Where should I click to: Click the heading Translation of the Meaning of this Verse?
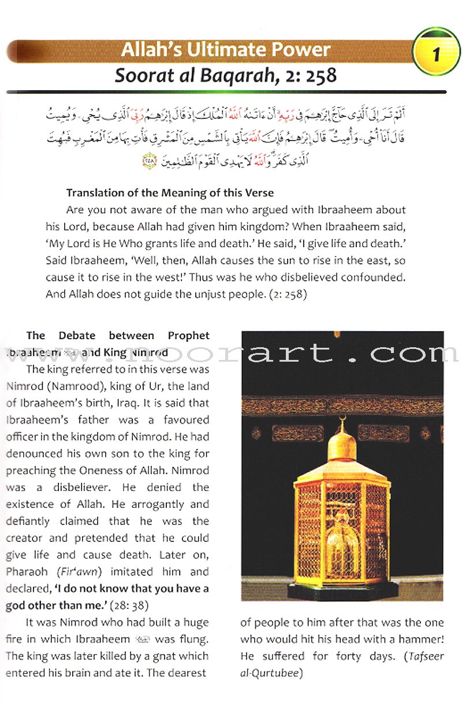[x=170, y=192]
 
